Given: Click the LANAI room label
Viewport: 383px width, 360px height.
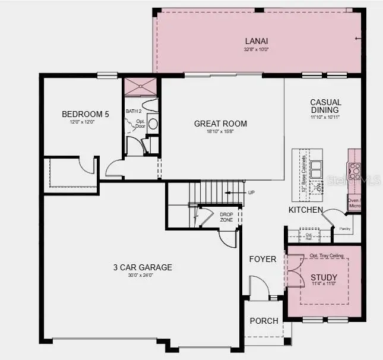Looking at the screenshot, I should point(257,41).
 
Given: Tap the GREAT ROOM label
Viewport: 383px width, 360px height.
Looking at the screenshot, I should point(220,124).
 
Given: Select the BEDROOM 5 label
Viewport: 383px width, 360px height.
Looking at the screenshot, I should point(86,115).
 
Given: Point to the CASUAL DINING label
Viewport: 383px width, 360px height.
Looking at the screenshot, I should point(325,106).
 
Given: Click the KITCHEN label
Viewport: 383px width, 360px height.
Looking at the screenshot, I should point(306,210).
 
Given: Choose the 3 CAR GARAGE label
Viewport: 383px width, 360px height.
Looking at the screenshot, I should point(143,267).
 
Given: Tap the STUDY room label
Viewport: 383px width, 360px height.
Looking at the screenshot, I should point(324,277).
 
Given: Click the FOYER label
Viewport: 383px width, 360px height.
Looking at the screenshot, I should point(262,259).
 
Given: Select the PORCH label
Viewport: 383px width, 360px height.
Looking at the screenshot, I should point(264,321).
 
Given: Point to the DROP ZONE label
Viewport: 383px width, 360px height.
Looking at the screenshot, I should point(226,217).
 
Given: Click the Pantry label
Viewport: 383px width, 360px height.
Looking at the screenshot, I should point(345,228).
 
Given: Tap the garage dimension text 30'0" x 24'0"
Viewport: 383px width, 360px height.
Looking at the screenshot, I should point(143,276).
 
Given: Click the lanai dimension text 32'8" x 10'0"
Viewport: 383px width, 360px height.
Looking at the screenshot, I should point(257,49).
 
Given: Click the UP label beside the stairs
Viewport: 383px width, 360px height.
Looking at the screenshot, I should point(251,192).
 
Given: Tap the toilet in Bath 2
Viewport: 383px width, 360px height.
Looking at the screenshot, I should point(150,106).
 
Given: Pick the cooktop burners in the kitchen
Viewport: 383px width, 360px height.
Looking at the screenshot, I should point(354,170).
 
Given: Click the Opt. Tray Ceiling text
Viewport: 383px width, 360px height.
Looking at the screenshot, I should point(326,256).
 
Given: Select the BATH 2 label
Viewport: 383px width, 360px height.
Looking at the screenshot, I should point(134,111).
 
